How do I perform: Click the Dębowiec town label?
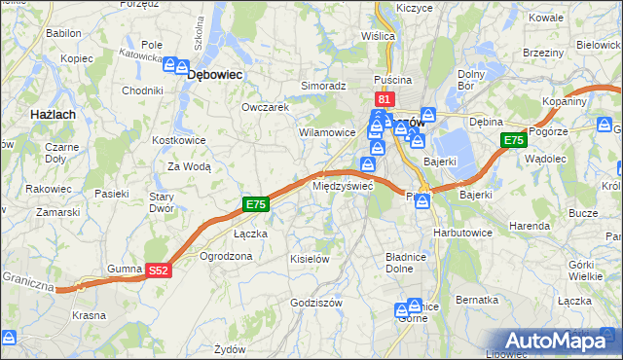point(214,73)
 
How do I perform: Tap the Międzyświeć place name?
point(342,185)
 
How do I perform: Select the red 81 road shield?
point(384,99)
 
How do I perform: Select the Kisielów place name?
point(311,259)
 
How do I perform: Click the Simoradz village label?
point(323,86)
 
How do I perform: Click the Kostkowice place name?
point(177,140)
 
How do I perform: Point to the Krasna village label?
point(90,315)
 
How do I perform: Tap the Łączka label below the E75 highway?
point(250,234)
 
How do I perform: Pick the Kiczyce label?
point(414,8)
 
